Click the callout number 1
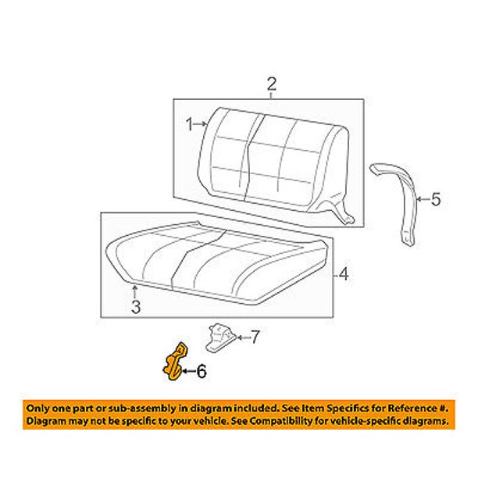[x=190, y=125]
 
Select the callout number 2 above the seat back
[x=272, y=84]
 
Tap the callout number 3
[x=136, y=307]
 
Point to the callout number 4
[x=344, y=274]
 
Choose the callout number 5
[x=436, y=199]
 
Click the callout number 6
[x=202, y=371]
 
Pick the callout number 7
[x=255, y=337]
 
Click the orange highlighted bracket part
[x=175, y=362]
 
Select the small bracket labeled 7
[x=220, y=337]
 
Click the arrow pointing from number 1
[x=201, y=124]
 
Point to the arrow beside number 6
[x=189, y=371]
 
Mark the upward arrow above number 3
[x=134, y=291]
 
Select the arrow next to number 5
[x=423, y=199]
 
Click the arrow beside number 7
[x=243, y=337]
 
